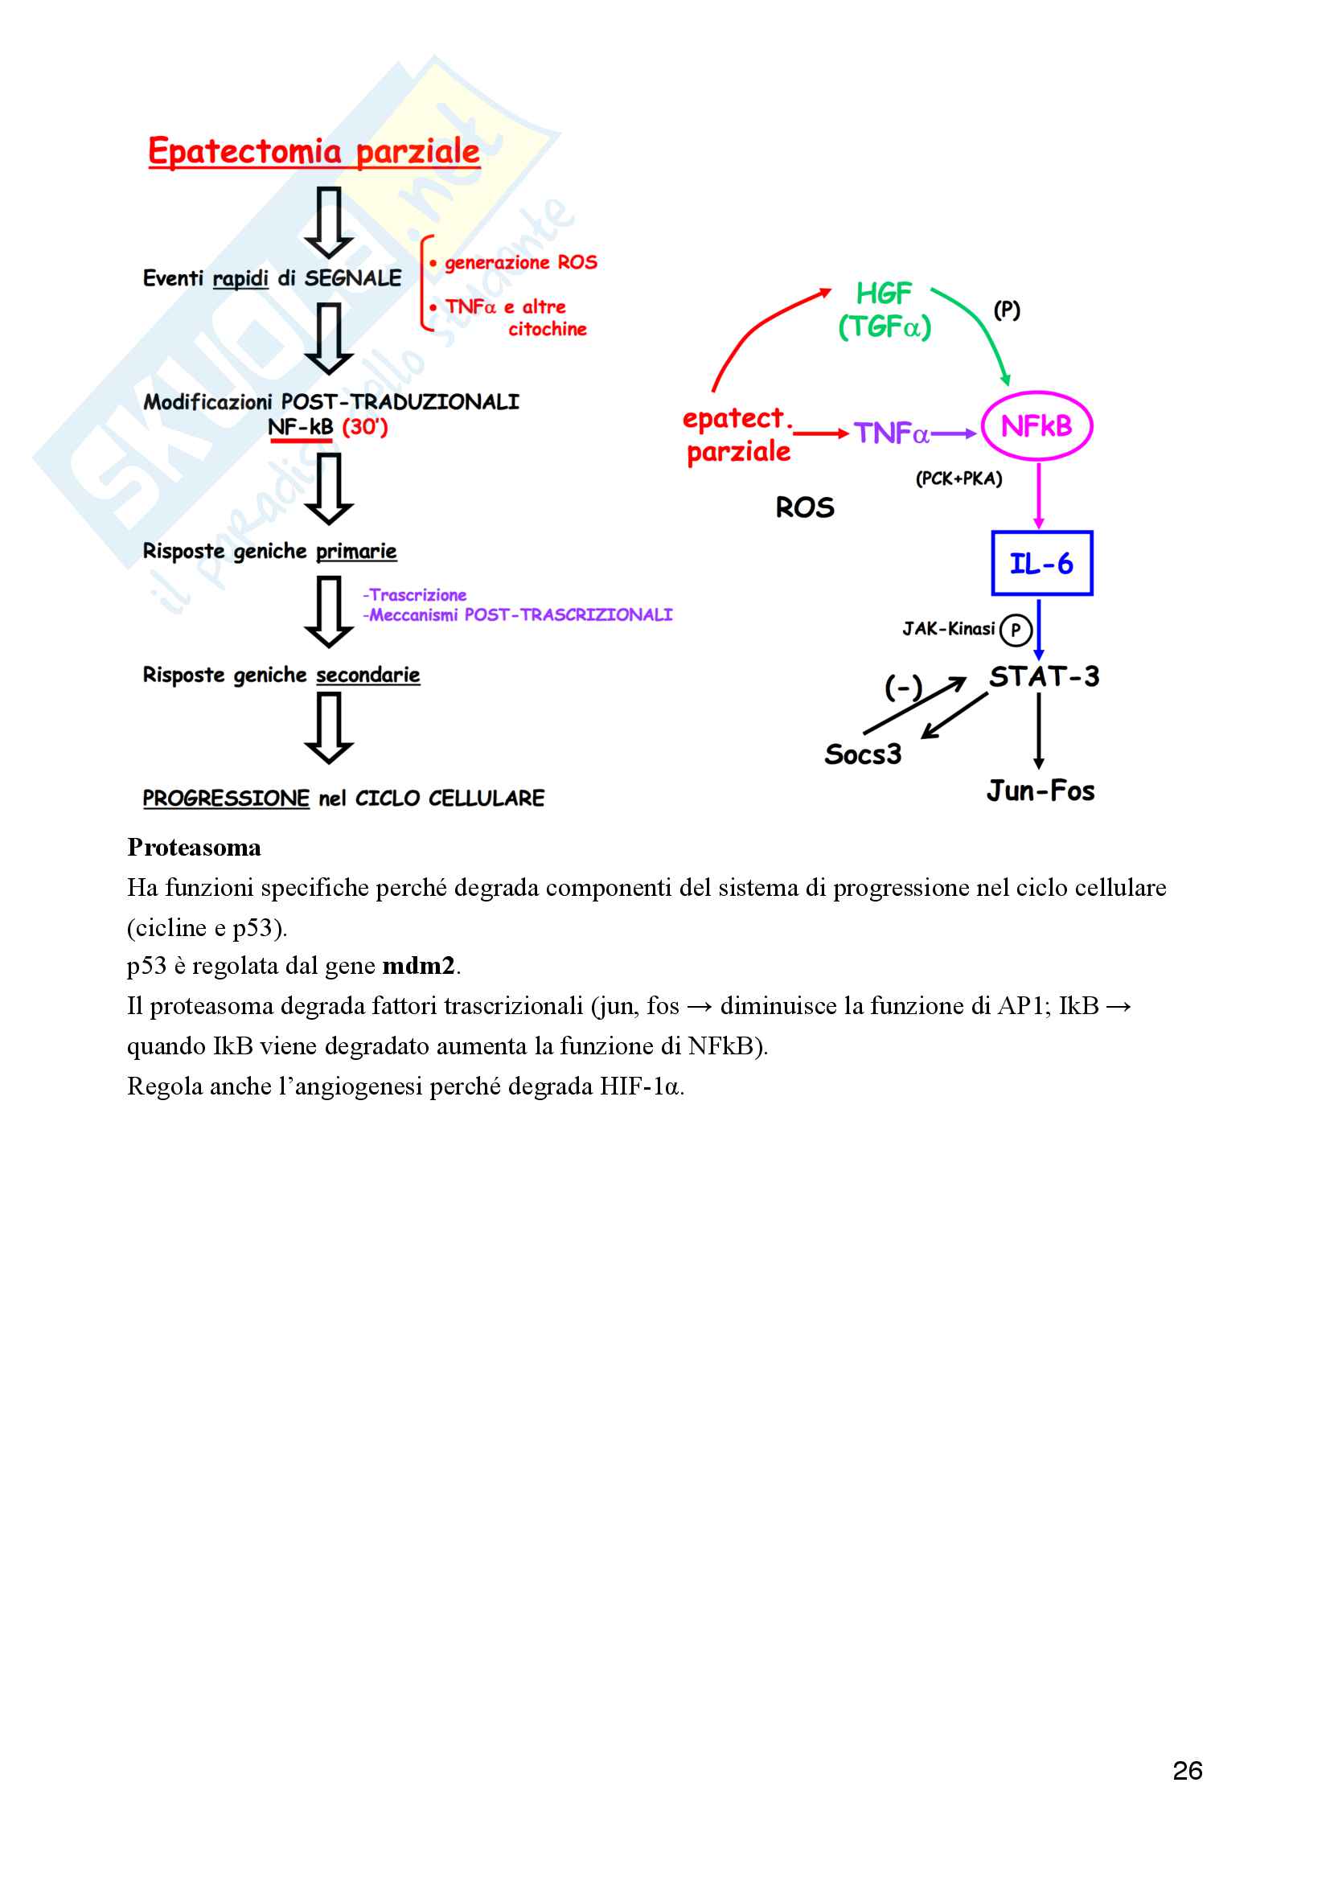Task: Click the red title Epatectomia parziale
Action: pos(314,151)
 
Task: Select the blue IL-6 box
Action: pos(1041,564)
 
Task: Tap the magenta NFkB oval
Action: pos(1036,426)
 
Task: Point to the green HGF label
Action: pos(883,294)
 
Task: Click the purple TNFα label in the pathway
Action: pos(891,433)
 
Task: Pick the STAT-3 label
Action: pos(1044,676)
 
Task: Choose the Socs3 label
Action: pos(862,754)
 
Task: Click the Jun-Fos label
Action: pos(1040,791)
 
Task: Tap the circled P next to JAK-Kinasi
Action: pos(1016,629)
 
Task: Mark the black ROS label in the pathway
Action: pos(804,508)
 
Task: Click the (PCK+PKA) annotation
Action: pos(959,478)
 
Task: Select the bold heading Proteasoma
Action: pos(194,847)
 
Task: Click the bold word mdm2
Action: pos(417,966)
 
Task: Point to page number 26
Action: pos(1187,1771)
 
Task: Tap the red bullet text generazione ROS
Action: pos(520,263)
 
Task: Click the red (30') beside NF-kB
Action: pos(364,427)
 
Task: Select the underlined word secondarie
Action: pos(367,675)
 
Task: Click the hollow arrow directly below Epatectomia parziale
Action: pos(329,223)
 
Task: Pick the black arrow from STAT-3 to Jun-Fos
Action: pos(1038,731)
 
